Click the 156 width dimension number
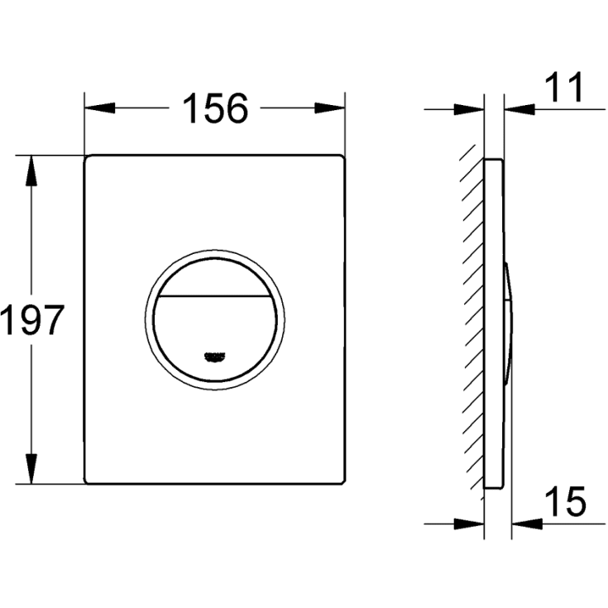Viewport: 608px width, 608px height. [x=214, y=108]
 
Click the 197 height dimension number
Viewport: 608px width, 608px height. [x=31, y=319]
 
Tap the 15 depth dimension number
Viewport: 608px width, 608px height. [x=566, y=502]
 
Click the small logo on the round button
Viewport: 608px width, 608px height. [x=214, y=357]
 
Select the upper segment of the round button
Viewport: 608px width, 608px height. [x=214, y=274]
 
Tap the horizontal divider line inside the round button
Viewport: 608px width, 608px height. [x=214, y=294]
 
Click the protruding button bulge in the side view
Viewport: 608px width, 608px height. [x=510, y=319]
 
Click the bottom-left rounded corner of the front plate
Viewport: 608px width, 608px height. [x=89, y=480]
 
